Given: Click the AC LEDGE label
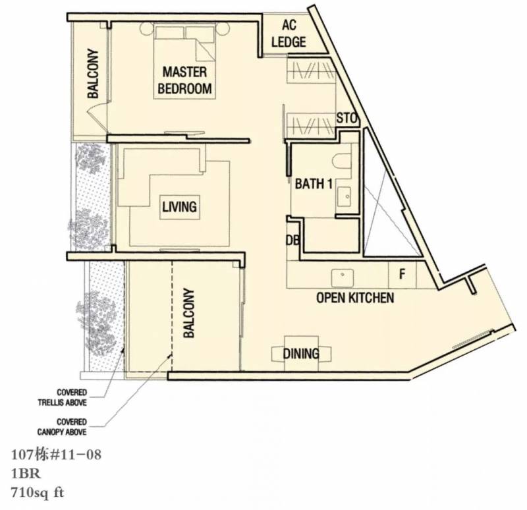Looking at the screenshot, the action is tap(289, 34).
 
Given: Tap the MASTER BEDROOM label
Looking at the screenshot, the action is tap(184, 80).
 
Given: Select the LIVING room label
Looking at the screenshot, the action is tap(179, 207).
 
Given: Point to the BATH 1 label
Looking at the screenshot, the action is tap(314, 184).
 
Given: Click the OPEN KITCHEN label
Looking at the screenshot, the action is tap(355, 298).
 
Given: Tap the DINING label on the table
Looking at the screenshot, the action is tap(301, 353).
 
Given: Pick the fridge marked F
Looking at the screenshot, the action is tap(402, 275).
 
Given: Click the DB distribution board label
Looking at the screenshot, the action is tap(292, 240).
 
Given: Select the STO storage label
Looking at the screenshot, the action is tap(347, 119).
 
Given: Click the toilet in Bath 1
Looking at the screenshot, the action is tap(342, 161).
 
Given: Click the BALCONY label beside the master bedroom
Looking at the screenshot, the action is tap(93, 74).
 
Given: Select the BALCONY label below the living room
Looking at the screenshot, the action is tap(189, 313).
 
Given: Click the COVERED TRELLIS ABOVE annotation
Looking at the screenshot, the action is tap(63, 397).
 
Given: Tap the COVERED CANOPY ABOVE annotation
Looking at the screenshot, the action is tap(62, 426).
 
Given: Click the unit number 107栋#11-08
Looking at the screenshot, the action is tap(56, 455).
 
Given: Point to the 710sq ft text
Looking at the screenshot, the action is tap(38, 493).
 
